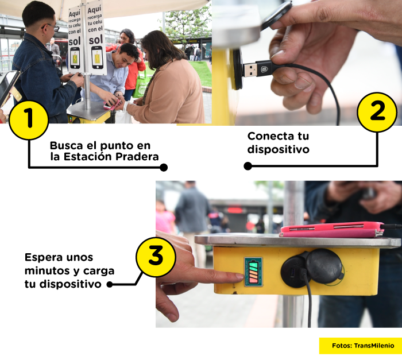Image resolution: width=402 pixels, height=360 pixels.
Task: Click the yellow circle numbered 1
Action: click(x=28, y=119)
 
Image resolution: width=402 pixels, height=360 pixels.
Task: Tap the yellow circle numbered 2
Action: click(x=377, y=111)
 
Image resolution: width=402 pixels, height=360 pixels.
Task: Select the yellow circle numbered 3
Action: click(x=156, y=257)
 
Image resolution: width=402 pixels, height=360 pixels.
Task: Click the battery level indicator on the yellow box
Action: click(x=253, y=272)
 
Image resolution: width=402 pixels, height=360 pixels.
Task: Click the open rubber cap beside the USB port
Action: click(x=324, y=266)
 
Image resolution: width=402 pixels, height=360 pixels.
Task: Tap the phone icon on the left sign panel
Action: click(x=75, y=58)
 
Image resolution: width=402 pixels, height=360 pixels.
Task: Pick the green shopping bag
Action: click(x=140, y=87)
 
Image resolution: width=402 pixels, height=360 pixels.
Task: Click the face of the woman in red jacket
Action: click(x=126, y=38)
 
